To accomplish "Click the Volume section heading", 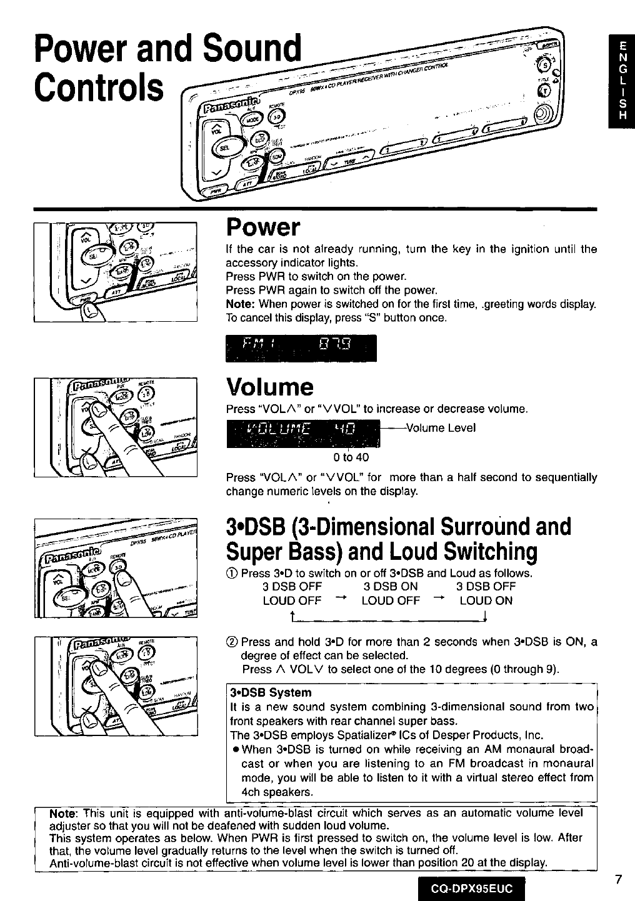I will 269,387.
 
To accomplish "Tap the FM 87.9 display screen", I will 301,348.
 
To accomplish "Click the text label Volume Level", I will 441,428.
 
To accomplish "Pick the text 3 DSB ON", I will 391,587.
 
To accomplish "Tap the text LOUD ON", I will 486,601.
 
